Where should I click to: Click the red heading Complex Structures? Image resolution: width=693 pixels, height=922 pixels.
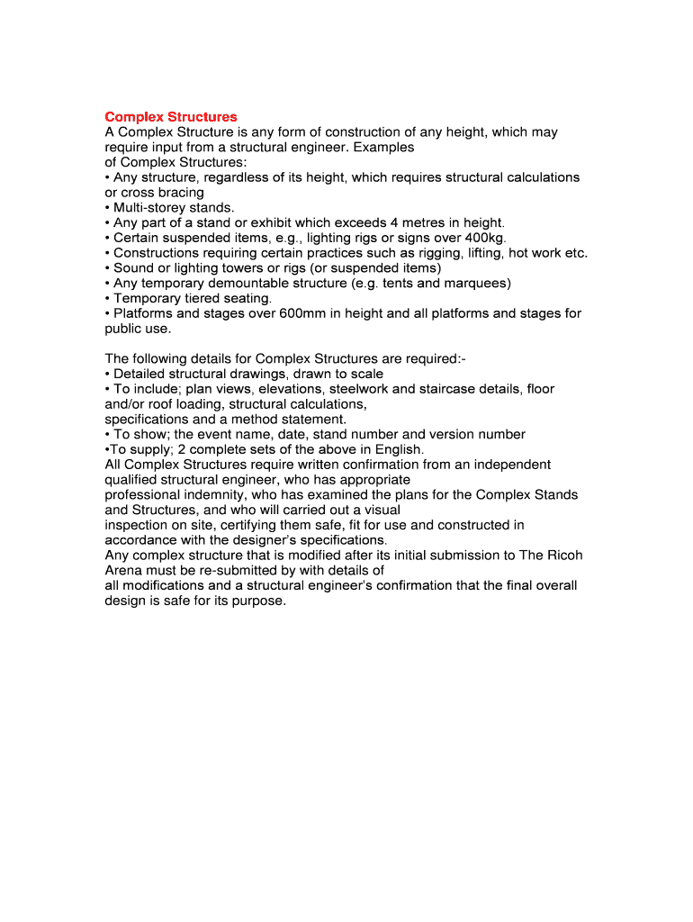[171, 117]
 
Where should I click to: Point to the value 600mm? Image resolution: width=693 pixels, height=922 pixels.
[303, 313]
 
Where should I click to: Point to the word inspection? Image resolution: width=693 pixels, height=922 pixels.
[137, 525]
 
